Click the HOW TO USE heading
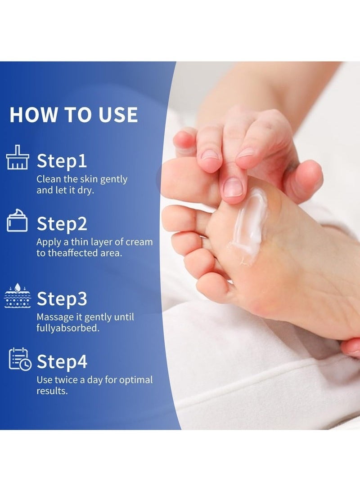pyautogui.click(x=73, y=115)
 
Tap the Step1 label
pyautogui.click(x=62, y=160)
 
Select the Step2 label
pyautogui.click(x=62, y=223)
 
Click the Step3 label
pyautogui.click(x=62, y=298)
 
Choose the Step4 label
pyautogui.click(x=62, y=361)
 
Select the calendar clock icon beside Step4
pyautogui.click(x=20, y=359)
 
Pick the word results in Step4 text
pyautogui.click(x=51, y=391)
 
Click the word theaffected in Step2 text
pyautogui.click(x=66, y=253)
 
